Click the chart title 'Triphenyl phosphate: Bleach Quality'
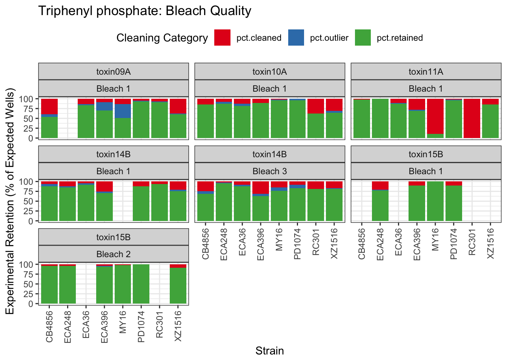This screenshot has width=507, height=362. coord(144,11)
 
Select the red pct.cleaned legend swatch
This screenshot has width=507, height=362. coord(222,38)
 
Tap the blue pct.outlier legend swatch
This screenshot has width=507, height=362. coord(296,38)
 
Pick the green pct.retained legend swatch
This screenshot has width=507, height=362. coord(363,38)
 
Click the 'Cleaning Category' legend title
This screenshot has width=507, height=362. coord(162,38)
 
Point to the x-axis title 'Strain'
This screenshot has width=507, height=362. coord(269,351)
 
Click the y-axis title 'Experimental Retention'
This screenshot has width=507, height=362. coord(10,201)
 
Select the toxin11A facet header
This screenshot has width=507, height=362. coord(426,72)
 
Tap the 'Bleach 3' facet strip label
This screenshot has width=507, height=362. coord(269,171)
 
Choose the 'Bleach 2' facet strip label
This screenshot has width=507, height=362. coord(113,254)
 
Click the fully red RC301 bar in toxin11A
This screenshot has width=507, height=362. coord(472,118)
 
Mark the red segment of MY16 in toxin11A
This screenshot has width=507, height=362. coord(435,116)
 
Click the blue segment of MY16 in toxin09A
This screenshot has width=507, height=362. coord(123,111)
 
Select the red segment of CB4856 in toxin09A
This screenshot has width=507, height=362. coord(49,106)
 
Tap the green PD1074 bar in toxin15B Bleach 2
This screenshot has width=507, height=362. coord(141,284)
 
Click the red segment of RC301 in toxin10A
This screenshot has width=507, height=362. coord(315,106)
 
